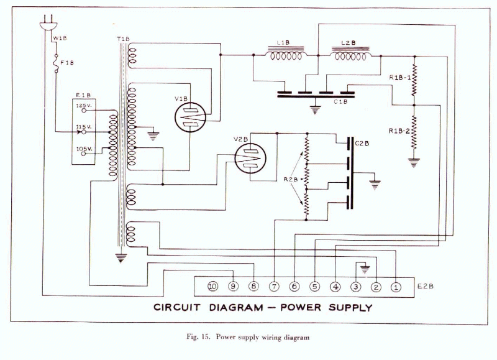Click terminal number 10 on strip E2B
[x=213, y=287]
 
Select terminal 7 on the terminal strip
[x=274, y=287]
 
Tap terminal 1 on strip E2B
[x=395, y=287]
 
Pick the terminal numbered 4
[x=335, y=287]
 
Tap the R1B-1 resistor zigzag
[x=414, y=79]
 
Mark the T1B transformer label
[x=123, y=39]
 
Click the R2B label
[x=291, y=179]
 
